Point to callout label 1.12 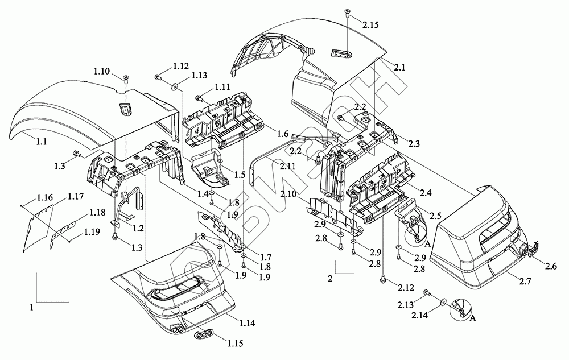click(x=181, y=66)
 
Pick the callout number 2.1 click(x=399, y=67)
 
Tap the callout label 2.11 click(x=287, y=165)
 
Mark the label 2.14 click(x=405, y=315)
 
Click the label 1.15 click(x=234, y=344)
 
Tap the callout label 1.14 click(x=246, y=323)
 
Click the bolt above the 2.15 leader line click(x=347, y=13)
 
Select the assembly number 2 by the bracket click(x=329, y=279)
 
